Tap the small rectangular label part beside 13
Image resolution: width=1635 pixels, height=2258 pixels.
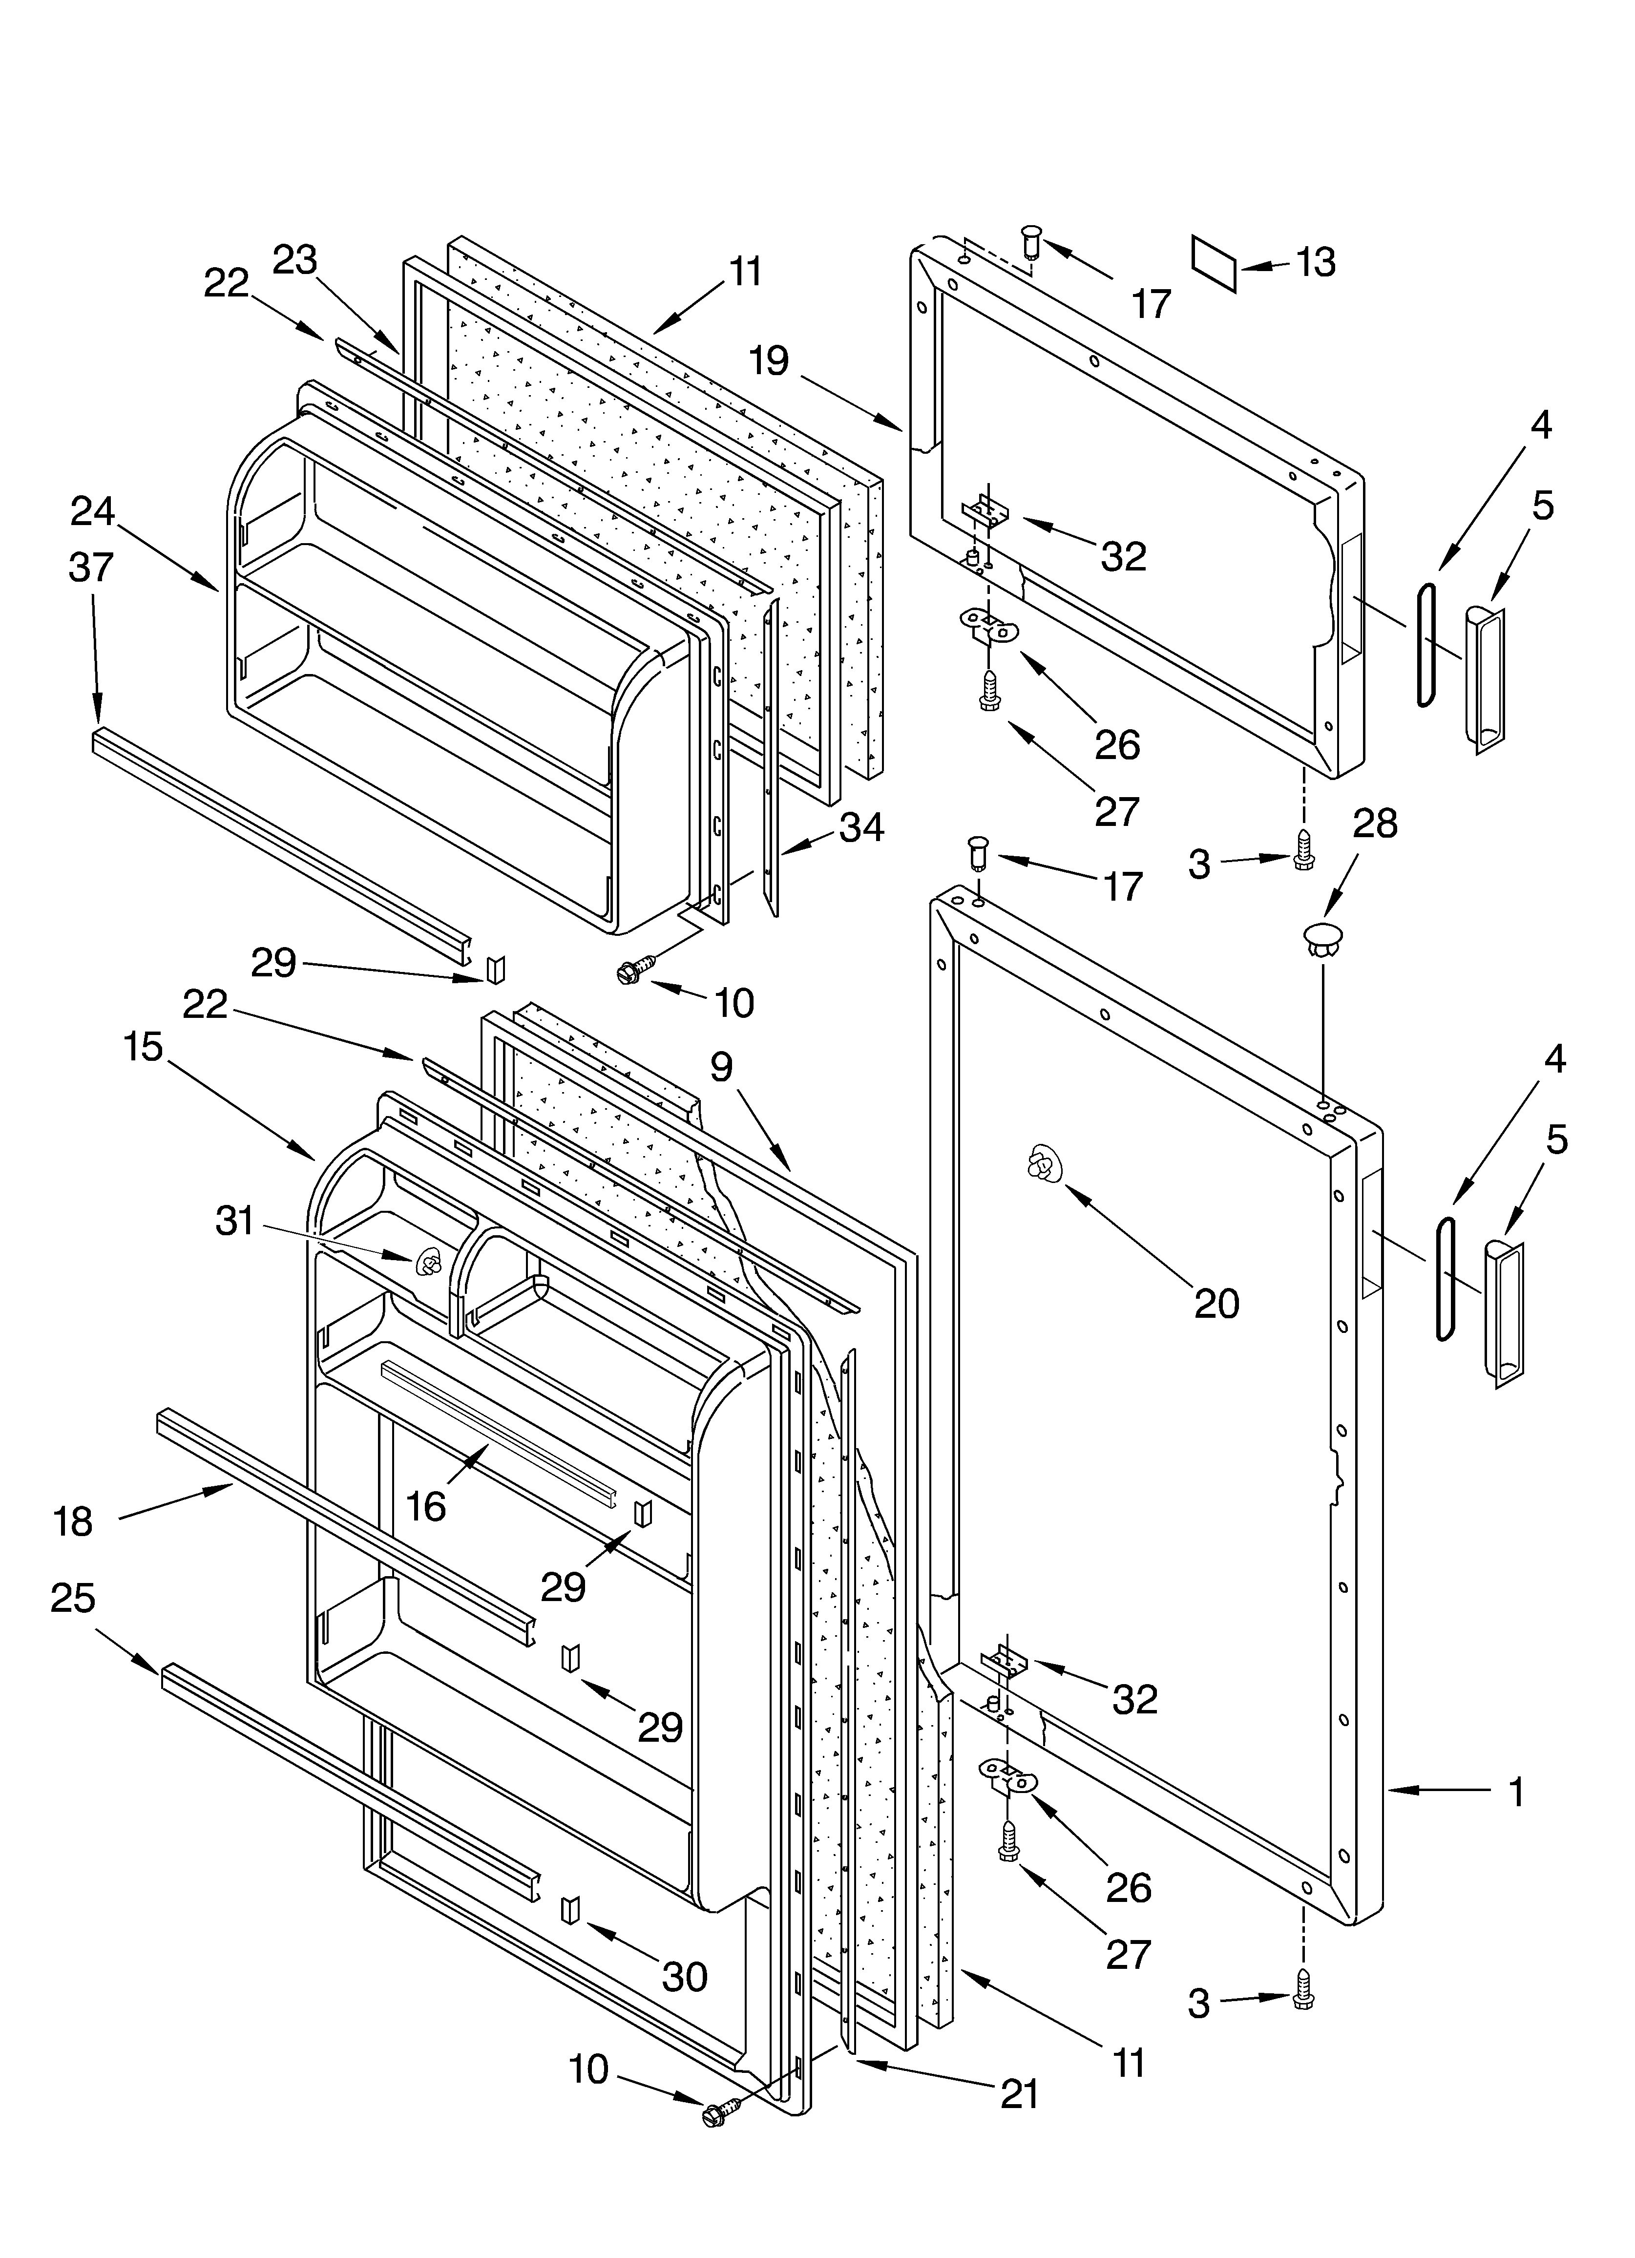point(1214,264)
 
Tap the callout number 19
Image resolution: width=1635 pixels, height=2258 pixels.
point(769,360)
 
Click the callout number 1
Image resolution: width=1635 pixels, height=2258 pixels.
point(1515,1792)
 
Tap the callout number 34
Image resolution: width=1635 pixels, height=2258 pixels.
point(861,827)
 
